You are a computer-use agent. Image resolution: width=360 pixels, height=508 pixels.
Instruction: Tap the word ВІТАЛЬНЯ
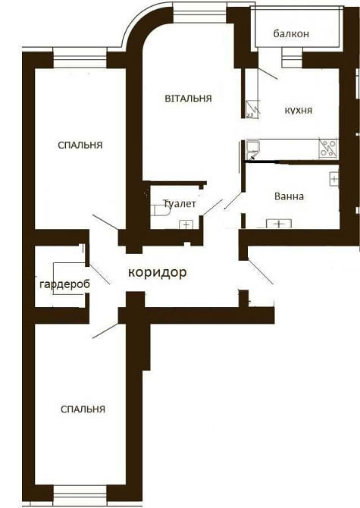(x=187, y=99)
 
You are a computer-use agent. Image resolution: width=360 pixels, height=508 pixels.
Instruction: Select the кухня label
(x=299, y=110)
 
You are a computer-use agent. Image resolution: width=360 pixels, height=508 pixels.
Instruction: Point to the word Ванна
(x=289, y=196)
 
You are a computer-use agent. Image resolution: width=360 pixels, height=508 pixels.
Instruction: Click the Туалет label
(x=180, y=204)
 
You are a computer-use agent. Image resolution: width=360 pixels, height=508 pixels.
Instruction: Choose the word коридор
(x=157, y=271)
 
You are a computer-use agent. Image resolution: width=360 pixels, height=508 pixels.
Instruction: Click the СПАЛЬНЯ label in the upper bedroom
(x=80, y=145)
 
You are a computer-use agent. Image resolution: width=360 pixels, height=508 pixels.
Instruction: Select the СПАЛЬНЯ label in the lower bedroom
(x=83, y=409)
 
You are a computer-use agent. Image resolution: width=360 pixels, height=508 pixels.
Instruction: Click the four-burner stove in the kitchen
(x=327, y=149)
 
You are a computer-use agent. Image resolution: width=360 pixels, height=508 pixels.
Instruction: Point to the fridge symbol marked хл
(x=252, y=111)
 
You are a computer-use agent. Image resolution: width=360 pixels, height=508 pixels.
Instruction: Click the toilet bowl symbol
(x=161, y=209)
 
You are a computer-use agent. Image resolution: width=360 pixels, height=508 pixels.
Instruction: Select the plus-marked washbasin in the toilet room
(x=185, y=224)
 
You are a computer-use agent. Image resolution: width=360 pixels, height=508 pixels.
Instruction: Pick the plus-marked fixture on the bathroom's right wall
(x=333, y=179)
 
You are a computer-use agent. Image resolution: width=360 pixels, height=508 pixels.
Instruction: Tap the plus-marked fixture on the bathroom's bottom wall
(x=279, y=224)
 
